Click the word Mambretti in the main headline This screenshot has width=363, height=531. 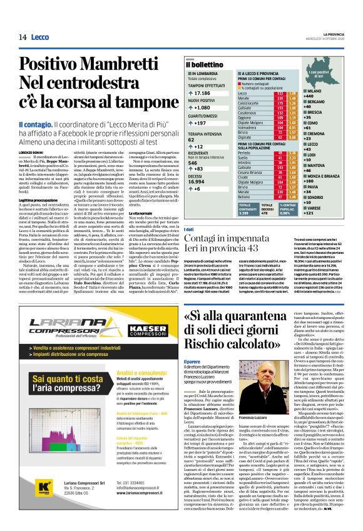coord(113,64)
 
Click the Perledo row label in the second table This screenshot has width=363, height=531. coord(245,152)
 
